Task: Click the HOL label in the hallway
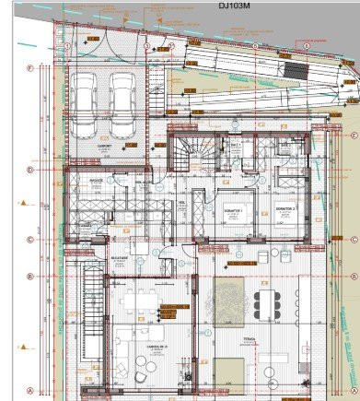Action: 181,203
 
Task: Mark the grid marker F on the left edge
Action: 30,68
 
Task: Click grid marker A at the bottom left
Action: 30,389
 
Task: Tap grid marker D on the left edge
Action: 30,170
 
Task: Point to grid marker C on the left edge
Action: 30,239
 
